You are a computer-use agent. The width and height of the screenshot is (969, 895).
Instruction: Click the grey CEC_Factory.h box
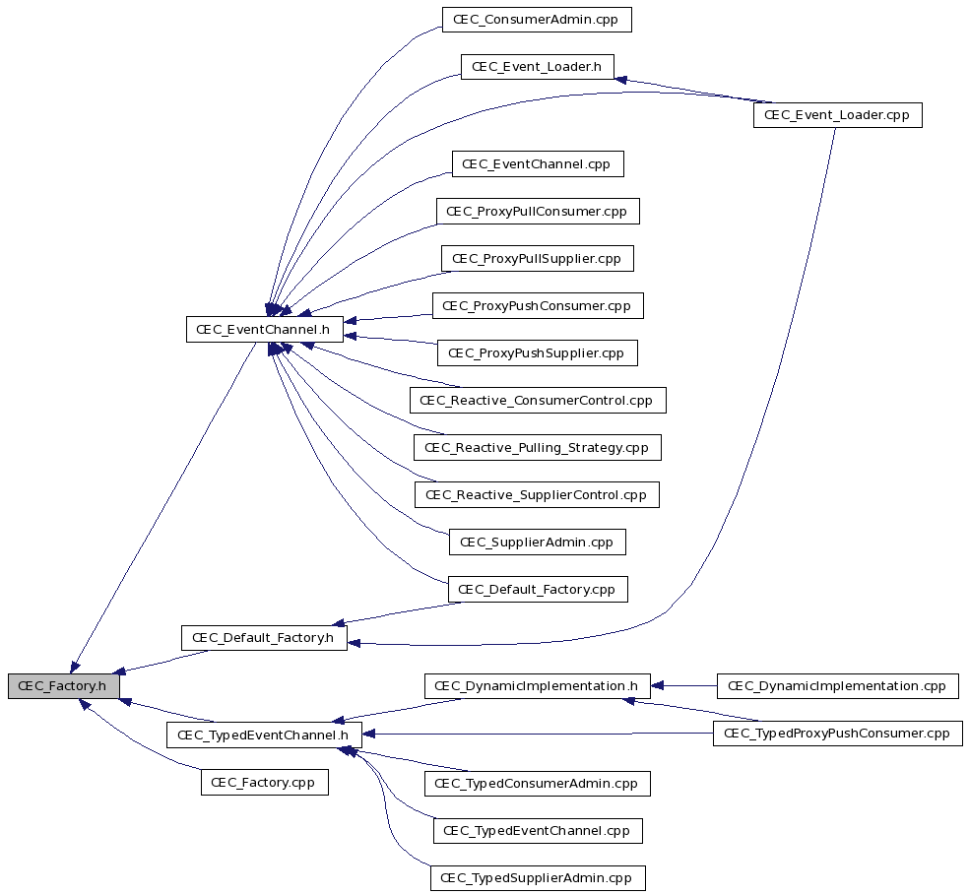point(63,686)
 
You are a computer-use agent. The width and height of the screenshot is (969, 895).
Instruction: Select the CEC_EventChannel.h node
point(265,330)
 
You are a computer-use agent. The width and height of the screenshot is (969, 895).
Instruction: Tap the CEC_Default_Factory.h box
point(264,638)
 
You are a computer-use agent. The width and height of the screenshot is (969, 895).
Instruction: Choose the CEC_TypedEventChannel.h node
point(264,735)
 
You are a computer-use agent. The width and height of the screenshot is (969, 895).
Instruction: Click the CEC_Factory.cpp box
point(265,783)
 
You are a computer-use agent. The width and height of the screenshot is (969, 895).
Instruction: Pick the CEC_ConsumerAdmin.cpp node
point(537,20)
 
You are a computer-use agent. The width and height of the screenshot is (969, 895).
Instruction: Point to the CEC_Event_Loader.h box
point(537,67)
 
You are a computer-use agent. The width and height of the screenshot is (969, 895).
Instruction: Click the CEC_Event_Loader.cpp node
point(837,115)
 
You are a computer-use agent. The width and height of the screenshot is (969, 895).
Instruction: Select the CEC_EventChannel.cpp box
point(538,163)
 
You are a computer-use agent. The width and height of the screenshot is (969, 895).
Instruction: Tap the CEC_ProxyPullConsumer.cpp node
point(538,212)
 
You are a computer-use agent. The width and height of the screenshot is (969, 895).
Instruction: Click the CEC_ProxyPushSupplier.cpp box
point(537,352)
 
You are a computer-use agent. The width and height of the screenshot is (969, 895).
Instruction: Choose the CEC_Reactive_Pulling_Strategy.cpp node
point(538,447)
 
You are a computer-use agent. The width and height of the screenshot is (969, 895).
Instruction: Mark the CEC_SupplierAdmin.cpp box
point(537,543)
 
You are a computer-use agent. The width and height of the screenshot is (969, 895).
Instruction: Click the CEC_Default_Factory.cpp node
point(538,590)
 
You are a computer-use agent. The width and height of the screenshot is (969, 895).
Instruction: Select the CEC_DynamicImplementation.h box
point(537,686)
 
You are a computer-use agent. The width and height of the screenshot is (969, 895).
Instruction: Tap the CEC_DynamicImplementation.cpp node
point(837,686)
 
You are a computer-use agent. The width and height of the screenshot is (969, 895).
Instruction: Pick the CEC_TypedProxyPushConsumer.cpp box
point(837,734)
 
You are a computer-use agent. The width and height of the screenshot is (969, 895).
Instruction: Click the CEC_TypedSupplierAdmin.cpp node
point(538,877)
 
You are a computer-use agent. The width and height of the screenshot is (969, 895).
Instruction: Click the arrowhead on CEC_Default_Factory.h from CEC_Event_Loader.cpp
point(355,644)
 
